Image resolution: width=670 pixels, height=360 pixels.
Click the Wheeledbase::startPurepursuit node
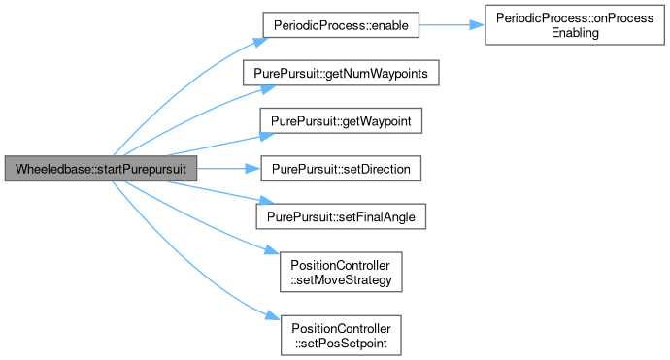click(101, 169)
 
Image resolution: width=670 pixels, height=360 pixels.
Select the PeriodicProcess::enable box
click(341, 25)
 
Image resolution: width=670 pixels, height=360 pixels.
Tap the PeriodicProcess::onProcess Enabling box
click(575, 25)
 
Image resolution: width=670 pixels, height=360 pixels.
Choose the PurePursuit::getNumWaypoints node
click(341, 73)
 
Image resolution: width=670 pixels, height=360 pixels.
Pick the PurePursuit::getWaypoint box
click(341, 121)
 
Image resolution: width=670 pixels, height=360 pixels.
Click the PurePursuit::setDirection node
click(341, 169)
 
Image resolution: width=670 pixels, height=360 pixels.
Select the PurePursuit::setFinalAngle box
click(341, 216)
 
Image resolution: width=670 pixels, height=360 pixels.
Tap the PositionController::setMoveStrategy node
click(341, 272)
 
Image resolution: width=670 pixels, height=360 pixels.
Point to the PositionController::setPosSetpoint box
click(341, 335)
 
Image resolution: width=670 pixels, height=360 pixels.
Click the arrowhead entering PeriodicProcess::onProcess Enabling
click(478, 25)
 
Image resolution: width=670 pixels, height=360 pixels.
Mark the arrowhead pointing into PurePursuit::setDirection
click(253, 169)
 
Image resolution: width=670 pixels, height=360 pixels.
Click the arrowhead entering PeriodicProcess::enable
click(260, 42)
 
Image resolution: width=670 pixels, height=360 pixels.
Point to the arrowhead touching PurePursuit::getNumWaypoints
click(268, 89)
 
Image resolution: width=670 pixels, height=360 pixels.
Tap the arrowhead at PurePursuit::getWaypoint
click(267, 136)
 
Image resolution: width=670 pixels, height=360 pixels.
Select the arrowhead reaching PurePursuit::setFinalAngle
click(267, 201)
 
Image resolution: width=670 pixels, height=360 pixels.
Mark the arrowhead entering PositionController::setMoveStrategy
click(272, 249)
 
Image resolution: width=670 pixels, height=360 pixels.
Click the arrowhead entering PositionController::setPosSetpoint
click(273, 315)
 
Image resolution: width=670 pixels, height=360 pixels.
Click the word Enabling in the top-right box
click(575, 33)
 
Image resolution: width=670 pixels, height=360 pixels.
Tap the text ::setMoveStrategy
click(341, 280)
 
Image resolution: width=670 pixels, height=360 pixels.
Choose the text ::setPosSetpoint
click(341, 344)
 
